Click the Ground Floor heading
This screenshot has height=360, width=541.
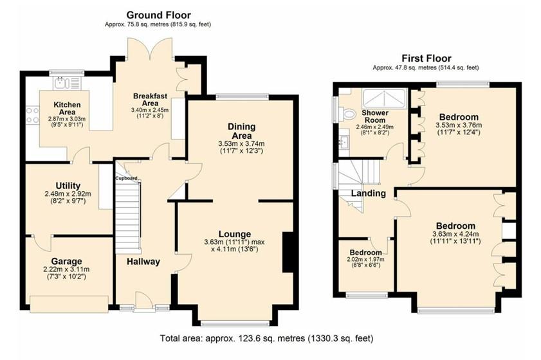point(158,15)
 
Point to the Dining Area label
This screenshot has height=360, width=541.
point(241,131)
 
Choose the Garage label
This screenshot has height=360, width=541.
point(66,261)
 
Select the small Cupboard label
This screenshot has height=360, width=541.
point(127,178)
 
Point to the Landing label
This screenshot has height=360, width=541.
point(369,193)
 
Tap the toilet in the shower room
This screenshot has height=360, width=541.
point(348,114)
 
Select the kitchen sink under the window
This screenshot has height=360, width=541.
point(63,82)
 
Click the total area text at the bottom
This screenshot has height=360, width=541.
point(266,337)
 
